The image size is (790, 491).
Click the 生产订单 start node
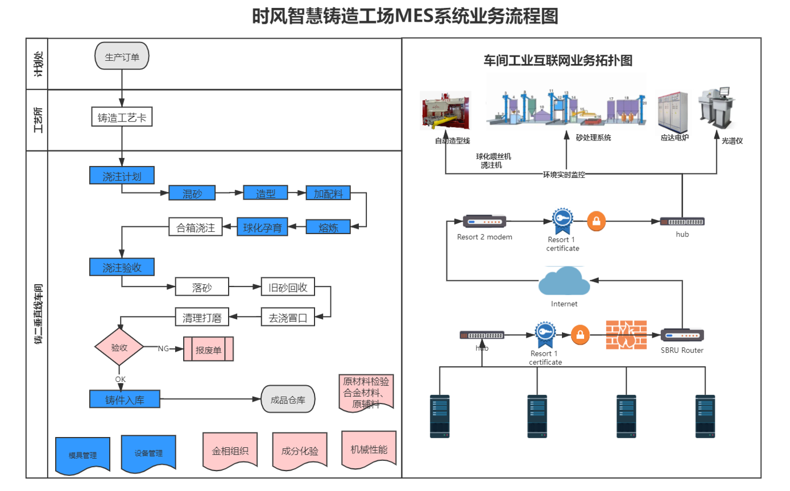[x=122, y=56]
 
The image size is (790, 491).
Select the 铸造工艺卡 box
[x=122, y=118]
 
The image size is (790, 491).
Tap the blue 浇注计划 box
[x=122, y=176]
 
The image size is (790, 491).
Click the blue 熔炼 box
[x=328, y=227]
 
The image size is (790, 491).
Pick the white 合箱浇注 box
[x=195, y=228]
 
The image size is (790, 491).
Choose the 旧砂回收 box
[x=287, y=287]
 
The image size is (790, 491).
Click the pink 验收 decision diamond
[x=119, y=347]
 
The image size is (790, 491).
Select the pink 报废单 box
[x=208, y=349]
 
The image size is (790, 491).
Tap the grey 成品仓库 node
[x=288, y=400]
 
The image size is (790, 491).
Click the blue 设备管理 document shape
[x=148, y=453]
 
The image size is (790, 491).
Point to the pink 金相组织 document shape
[x=230, y=451]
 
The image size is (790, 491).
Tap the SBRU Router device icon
[x=682, y=336]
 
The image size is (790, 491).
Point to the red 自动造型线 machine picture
[x=445, y=112]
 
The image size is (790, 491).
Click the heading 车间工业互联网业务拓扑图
[x=558, y=61]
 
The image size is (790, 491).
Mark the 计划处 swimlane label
[x=38, y=64]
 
